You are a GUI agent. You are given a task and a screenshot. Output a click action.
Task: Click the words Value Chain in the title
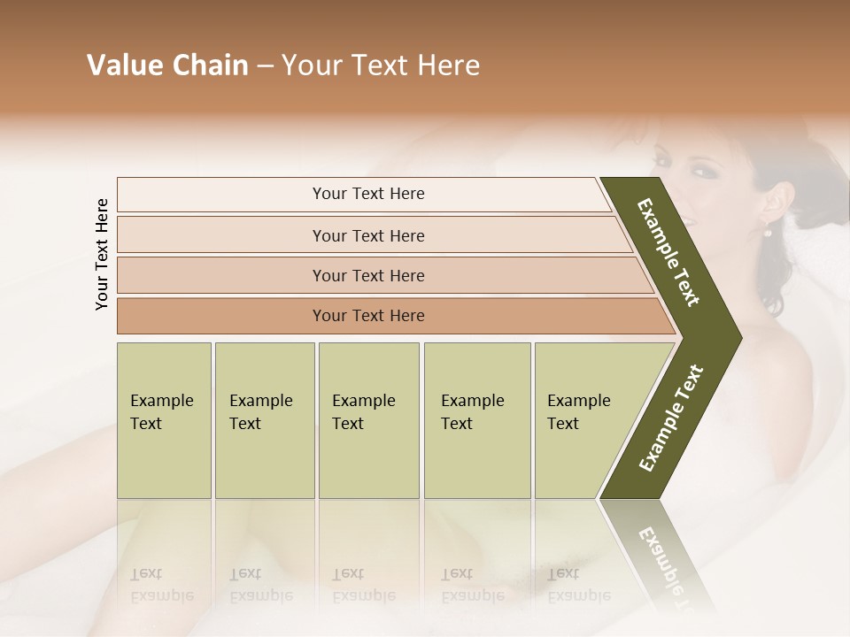(x=167, y=65)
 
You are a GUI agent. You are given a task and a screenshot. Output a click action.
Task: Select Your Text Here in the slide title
(x=381, y=65)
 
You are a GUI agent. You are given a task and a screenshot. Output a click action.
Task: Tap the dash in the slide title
(x=265, y=66)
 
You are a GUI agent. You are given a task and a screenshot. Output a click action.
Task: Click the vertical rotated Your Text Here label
(x=102, y=254)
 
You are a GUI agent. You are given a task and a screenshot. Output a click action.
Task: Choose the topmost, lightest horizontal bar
(x=367, y=194)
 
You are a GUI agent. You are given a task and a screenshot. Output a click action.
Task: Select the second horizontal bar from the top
(x=367, y=235)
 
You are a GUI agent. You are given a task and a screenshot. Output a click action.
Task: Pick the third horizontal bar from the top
(x=367, y=275)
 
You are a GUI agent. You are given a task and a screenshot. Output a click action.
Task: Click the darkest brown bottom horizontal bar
(x=367, y=316)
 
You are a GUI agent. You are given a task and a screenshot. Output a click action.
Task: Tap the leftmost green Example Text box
(x=164, y=420)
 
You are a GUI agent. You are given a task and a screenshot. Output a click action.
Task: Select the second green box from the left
(x=264, y=420)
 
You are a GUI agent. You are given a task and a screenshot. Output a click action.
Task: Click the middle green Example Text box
(x=368, y=420)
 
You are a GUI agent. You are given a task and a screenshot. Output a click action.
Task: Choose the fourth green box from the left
(x=476, y=420)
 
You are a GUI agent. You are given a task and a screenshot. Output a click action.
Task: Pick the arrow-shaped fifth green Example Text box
(x=584, y=420)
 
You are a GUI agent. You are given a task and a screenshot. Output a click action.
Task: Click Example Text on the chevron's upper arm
(x=668, y=252)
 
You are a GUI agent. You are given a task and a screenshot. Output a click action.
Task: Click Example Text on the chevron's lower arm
(x=670, y=418)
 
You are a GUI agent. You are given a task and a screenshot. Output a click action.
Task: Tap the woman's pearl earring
(x=768, y=232)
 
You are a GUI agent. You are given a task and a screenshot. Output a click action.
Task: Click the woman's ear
(x=772, y=203)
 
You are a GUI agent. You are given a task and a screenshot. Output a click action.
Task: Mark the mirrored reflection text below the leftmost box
(x=161, y=585)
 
